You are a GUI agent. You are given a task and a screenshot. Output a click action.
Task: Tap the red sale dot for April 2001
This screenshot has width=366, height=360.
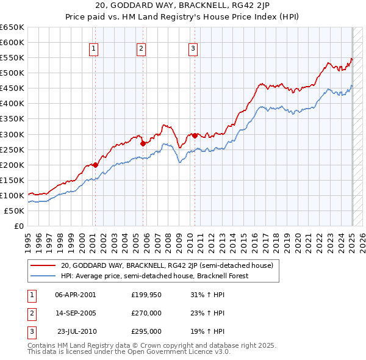[95, 164]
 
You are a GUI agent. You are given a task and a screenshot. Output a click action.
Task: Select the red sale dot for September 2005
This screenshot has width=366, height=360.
[143, 143]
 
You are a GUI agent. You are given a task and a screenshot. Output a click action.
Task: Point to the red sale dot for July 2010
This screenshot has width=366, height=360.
[195, 135]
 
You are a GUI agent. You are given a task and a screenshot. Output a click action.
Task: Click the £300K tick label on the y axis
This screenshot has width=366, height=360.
[12, 134]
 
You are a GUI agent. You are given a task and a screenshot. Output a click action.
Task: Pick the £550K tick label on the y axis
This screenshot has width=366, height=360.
[12, 57]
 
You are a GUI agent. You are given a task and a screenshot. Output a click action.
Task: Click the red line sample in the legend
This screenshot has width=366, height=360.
[43, 265]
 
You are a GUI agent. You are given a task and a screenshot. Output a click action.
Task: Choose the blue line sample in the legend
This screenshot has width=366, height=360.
[43, 276]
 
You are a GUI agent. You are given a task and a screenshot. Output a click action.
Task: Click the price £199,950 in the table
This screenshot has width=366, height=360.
[145, 294]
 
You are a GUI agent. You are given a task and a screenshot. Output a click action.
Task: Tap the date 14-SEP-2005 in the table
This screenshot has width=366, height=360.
[76, 313]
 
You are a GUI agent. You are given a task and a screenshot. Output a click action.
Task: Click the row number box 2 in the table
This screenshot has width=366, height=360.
[30, 313]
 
